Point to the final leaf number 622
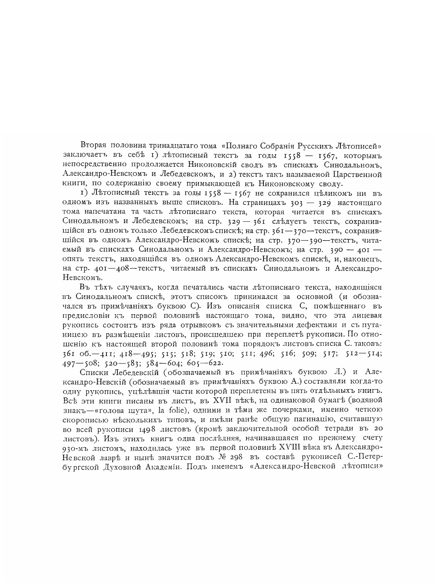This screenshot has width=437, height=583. [216, 363]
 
